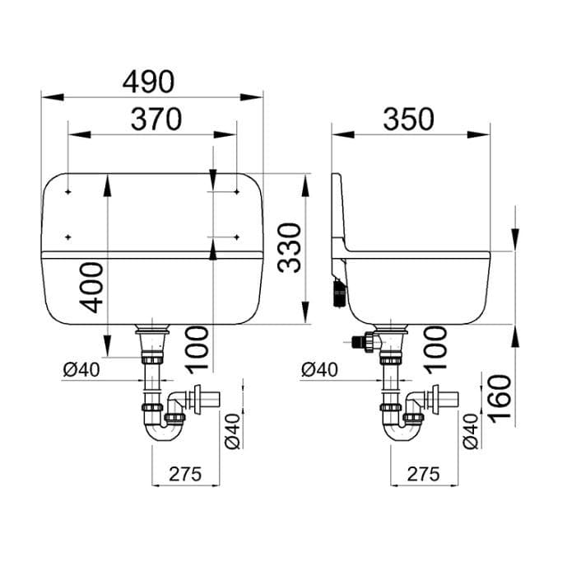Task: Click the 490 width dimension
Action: [148, 82]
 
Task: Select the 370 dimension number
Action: [156, 120]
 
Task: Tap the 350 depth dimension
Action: [408, 120]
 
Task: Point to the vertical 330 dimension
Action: [290, 248]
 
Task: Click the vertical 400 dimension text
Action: [91, 288]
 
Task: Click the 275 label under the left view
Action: [185, 474]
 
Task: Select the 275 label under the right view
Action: [424, 474]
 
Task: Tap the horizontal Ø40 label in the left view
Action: [81, 370]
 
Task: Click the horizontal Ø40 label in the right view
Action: [319, 370]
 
